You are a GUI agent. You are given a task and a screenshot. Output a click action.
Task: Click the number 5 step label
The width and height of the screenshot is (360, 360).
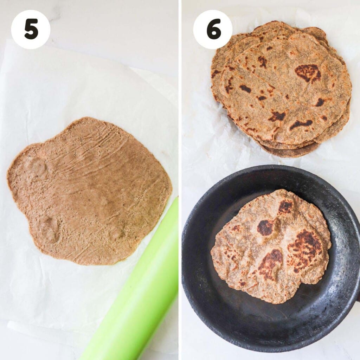pyautogui.click(x=31, y=30)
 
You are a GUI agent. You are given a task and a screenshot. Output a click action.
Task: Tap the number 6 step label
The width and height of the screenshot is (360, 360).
pyautogui.click(x=213, y=30)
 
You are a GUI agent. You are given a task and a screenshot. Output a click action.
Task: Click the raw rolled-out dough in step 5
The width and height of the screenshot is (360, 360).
pyautogui.click(x=91, y=197)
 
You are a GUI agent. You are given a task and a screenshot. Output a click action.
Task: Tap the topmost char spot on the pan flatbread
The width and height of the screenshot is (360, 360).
pyautogui.click(x=285, y=207)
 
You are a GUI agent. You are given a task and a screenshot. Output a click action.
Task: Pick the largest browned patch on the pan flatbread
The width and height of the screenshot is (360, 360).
pyautogui.click(x=304, y=250)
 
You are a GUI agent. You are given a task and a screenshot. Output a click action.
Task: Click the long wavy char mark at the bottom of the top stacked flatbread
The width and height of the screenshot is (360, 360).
pyautogui.click(x=301, y=124)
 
